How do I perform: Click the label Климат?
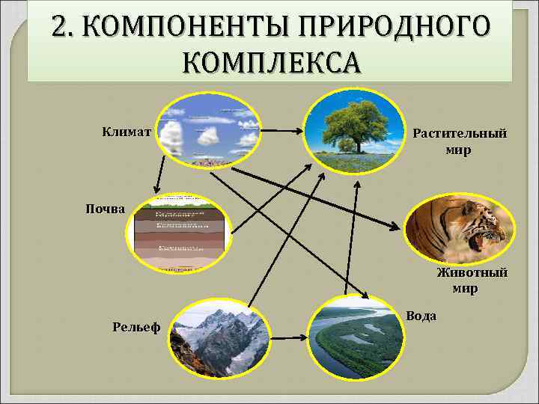(127, 132)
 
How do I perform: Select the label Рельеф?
(136, 326)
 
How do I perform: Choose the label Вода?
(421, 316)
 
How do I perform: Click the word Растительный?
(460, 133)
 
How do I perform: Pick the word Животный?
(472, 272)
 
